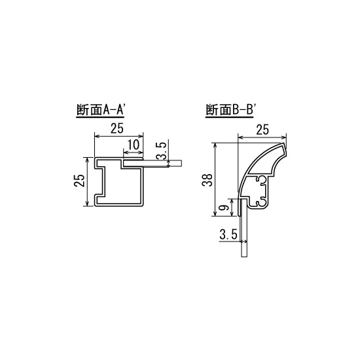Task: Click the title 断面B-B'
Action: point(230,111)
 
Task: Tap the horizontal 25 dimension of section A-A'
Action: point(117,129)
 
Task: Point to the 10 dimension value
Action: point(132,143)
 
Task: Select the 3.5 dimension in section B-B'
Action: point(228,234)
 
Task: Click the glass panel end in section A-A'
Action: point(175,164)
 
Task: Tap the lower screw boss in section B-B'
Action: point(262,202)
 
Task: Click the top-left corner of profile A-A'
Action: point(97,158)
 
